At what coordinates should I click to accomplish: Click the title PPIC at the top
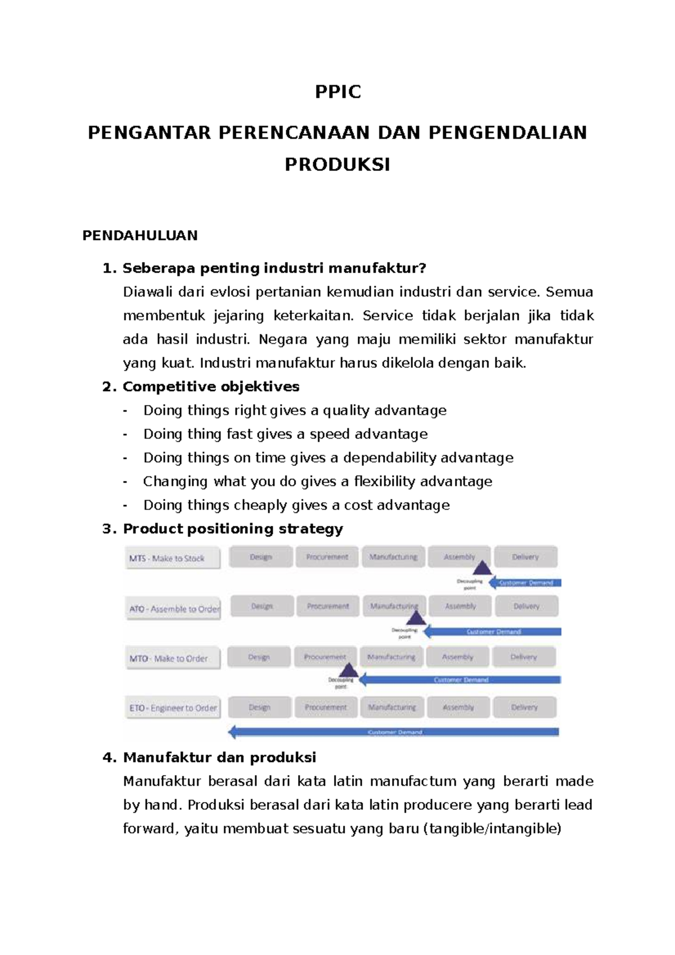[x=337, y=92]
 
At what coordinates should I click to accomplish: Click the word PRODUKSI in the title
[x=337, y=165]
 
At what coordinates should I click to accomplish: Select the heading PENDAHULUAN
[x=140, y=235]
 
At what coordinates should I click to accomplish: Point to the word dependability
[x=389, y=458]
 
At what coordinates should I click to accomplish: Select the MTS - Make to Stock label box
[x=172, y=558]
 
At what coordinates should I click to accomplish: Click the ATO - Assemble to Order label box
[x=173, y=609]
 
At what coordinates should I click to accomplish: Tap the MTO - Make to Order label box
[x=172, y=659]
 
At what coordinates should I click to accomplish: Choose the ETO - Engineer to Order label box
[x=172, y=708]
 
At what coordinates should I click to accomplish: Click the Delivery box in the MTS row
[x=525, y=557]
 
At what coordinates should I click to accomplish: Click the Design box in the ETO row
[x=260, y=708]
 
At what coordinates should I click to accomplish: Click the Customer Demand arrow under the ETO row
[x=394, y=732]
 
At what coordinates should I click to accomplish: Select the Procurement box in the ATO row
[x=328, y=606]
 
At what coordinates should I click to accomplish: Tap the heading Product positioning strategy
[x=233, y=529]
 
